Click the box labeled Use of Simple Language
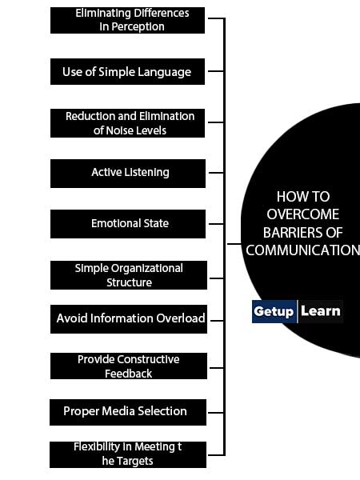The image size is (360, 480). tap(127, 72)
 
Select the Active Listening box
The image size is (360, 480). tap(128, 174)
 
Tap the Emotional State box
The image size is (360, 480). tap(128, 224)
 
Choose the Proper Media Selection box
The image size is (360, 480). tap(128, 412)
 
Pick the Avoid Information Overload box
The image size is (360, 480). tap(129, 319)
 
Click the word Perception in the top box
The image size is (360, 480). tap(138, 27)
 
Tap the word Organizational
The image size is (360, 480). tap(147, 269)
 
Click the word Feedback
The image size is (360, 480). tap(128, 374)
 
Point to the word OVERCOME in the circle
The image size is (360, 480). tap(302, 214)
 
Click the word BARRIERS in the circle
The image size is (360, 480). tap(292, 233)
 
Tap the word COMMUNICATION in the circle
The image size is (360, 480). tap(302, 250)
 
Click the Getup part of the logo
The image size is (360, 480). tap(274, 312)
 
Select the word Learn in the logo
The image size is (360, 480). tap(321, 311)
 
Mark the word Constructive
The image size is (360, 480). tap(148, 359)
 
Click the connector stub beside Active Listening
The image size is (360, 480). tap(216, 173)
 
